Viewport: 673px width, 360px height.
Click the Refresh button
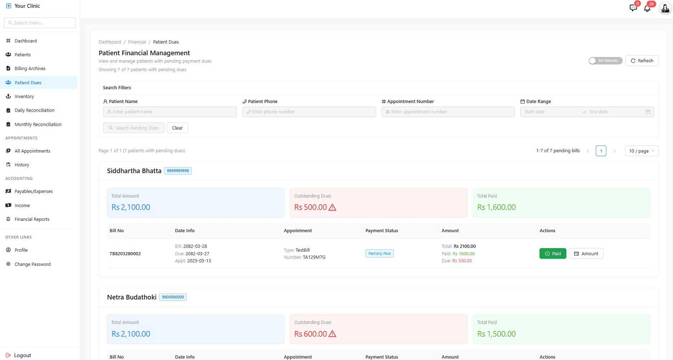(x=642, y=61)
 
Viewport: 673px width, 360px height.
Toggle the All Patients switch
(x=605, y=61)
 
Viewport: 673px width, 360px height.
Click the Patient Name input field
(x=170, y=112)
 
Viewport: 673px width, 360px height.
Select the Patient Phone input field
(x=309, y=112)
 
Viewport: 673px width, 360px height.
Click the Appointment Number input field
(x=448, y=112)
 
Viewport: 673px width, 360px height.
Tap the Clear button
(x=177, y=128)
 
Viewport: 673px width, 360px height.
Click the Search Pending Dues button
(x=134, y=128)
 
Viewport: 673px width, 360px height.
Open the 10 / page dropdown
(x=641, y=151)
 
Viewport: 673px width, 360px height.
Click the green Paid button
(x=553, y=254)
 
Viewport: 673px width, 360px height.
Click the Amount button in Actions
(x=586, y=254)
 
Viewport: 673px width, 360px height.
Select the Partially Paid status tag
(x=379, y=254)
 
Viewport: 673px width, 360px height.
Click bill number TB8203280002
(x=125, y=254)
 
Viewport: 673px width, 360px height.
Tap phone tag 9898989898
(x=178, y=171)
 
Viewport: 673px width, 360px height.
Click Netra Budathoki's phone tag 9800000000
(x=173, y=297)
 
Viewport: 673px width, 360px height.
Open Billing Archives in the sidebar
(x=30, y=69)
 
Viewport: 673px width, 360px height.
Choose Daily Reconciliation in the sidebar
(x=34, y=110)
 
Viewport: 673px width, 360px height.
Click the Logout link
(x=22, y=355)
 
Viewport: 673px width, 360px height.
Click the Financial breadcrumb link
(x=137, y=42)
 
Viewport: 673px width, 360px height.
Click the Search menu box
(x=40, y=23)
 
